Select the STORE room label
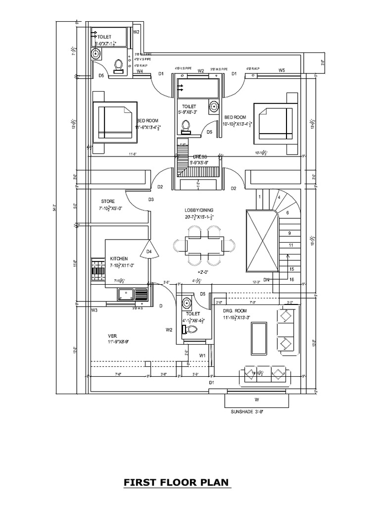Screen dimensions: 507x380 coord(108,202)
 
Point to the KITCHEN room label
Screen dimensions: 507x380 coord(119,258)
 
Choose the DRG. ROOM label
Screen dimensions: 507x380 coord(235,310)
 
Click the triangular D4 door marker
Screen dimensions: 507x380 coord(148,251)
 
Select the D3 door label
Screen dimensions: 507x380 coord(151,200)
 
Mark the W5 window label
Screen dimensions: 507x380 coord(282,70)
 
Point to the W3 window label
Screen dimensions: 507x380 coord(94,310)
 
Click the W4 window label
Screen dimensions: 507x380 coord(140,71)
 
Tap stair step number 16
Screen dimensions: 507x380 coord(292,280)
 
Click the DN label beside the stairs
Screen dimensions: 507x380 coord(266,280)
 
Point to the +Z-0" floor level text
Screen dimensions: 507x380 coord(202,272)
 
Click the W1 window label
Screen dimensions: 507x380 coord(202,355)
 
